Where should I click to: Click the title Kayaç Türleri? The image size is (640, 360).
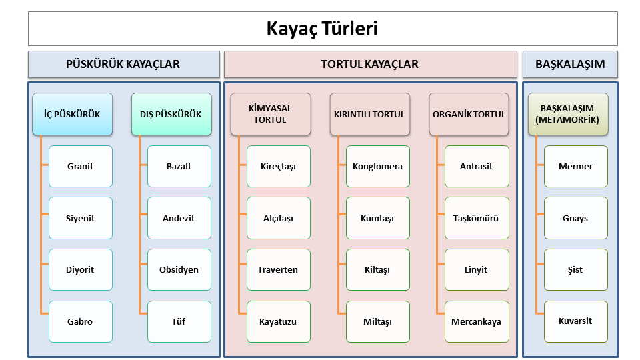323,29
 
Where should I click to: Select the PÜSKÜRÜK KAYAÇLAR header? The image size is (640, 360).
124,64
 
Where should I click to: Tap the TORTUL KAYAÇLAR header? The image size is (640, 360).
370,64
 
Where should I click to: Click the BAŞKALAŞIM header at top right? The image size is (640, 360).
570,64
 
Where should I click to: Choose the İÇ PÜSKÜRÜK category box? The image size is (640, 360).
72,114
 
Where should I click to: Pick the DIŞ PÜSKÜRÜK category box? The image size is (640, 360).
171,114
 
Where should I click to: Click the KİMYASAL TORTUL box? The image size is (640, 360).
271,114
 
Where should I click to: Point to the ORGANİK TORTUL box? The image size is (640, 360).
469,114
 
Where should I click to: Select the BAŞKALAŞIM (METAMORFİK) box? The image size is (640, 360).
568,114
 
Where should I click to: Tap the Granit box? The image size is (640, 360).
81,166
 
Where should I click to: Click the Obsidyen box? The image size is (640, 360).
179,269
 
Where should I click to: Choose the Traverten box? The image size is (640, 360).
279,269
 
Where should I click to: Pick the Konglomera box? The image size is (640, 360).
377,166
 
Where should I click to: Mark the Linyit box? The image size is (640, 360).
477,269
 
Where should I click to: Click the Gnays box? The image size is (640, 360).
575,218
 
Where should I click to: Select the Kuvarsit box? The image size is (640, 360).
575,321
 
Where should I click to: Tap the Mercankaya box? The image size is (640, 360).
477,321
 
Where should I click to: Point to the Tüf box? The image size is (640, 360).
179,321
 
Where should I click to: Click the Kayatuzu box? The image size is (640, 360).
279,321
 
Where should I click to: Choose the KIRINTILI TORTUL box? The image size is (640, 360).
370,114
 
